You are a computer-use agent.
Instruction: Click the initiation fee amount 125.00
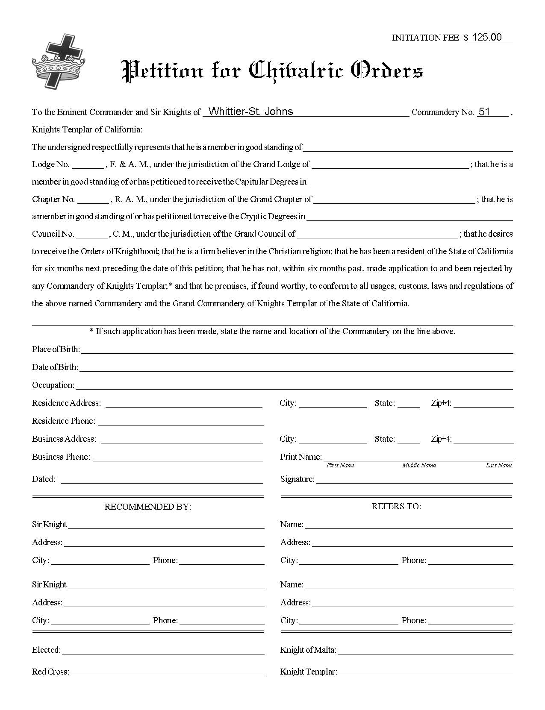(487, 38)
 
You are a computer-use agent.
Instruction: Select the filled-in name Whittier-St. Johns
(250, 112)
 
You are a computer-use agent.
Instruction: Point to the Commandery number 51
(484, 112)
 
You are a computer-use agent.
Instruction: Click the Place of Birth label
(56, 349)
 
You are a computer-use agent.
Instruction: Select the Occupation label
(53, 385)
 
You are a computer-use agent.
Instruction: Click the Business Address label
(64, 439)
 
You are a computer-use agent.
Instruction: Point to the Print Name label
(301, 457)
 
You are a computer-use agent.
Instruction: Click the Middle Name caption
(419, 466)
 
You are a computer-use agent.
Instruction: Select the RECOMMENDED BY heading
(148, 507)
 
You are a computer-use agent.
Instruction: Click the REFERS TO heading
(396, 507)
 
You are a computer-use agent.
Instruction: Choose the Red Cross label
(50, 672)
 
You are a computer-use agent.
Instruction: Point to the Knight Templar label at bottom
(309, 672)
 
